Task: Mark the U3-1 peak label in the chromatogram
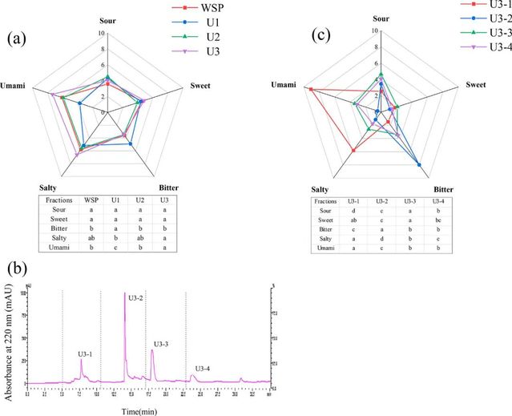pos(85,353)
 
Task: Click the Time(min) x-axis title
pos(143,410)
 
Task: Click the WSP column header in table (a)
pos(92,199)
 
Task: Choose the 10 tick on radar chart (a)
pos(101,34)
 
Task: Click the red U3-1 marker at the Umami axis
pos(309,88)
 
